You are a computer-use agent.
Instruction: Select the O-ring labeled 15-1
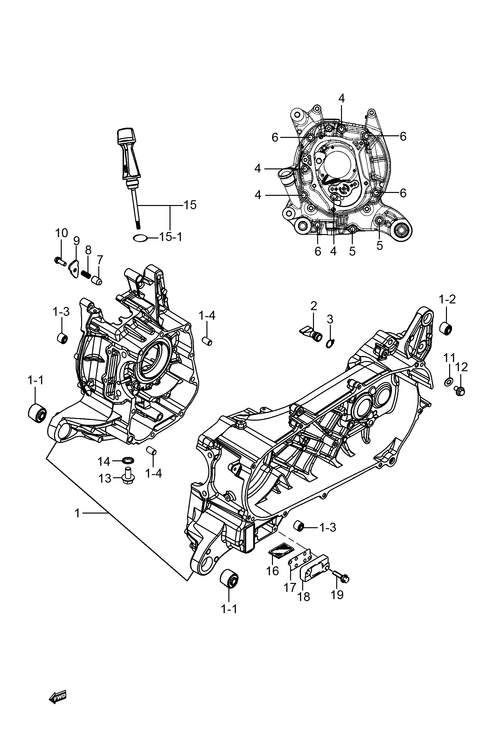[140, 238]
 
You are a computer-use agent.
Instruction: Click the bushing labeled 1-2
[446, 329]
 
